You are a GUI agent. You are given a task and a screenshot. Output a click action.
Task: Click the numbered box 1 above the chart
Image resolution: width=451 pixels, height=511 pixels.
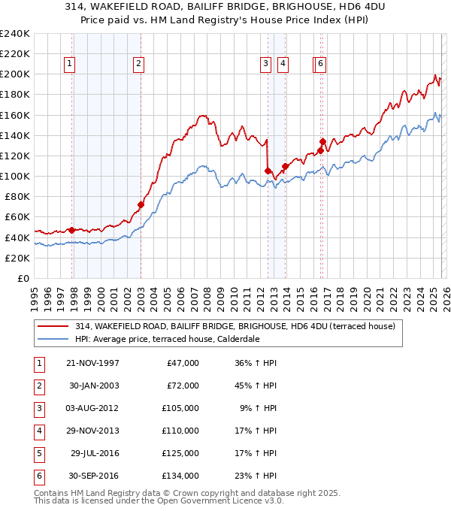pos(69,65)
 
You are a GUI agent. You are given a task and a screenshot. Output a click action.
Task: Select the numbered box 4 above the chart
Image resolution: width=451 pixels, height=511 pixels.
pos(283,65)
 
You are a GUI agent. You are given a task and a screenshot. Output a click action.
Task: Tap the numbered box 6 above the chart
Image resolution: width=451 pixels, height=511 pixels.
pos(321,65)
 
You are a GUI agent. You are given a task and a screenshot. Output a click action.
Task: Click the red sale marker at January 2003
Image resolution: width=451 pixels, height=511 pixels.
pos(141,204)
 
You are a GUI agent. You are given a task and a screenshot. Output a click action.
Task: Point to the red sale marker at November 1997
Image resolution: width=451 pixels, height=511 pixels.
pos(72,230)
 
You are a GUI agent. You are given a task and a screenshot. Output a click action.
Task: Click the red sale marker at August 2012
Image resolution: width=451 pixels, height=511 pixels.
pos(268,171)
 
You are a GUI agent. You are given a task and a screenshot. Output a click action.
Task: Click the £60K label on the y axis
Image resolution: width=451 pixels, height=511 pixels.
pos(17,217)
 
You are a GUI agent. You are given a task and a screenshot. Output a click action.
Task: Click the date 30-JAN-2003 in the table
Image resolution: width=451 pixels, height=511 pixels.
pos(93,386)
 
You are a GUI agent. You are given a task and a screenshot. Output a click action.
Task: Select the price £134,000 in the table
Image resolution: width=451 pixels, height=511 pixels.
pos(181,476)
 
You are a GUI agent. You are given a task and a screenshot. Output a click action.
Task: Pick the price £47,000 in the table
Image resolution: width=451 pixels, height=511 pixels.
pos(183,363)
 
